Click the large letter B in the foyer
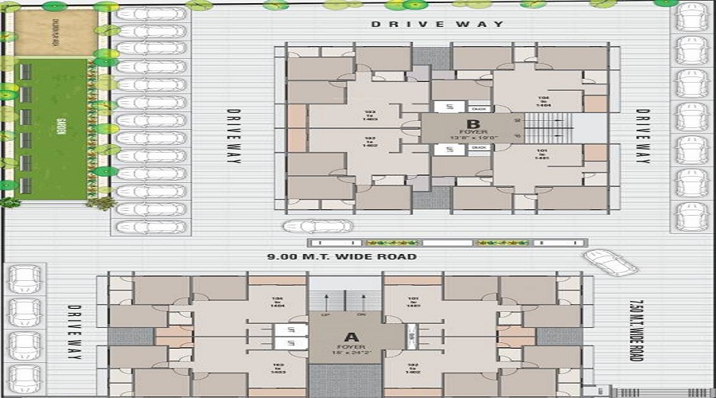click(473, 123)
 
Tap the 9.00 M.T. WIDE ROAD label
click(342, 257)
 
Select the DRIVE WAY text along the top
click(438, 24)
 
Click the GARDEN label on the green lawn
click(60, 128)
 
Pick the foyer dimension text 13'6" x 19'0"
click(473, 138)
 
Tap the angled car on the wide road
click(610, 262)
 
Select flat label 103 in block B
click(370, 115)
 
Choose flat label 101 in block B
click(543, 154)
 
